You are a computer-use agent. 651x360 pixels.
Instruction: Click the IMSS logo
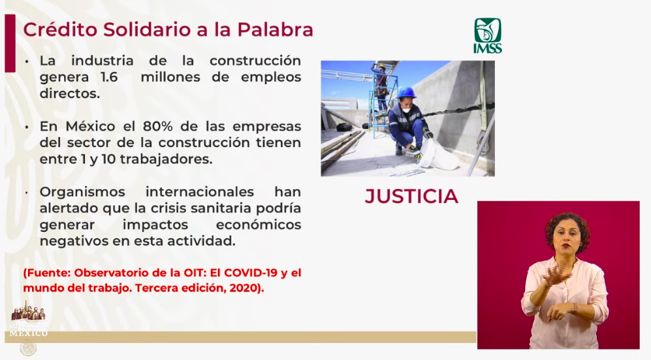[487, 35]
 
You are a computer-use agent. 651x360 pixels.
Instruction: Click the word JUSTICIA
[411, 196]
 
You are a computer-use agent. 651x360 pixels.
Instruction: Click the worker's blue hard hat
[406, 92]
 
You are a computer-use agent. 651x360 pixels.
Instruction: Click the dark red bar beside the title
[10, 43]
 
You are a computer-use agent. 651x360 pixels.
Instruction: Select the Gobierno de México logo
[28, 321]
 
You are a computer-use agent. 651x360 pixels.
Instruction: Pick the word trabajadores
[164, 159]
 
